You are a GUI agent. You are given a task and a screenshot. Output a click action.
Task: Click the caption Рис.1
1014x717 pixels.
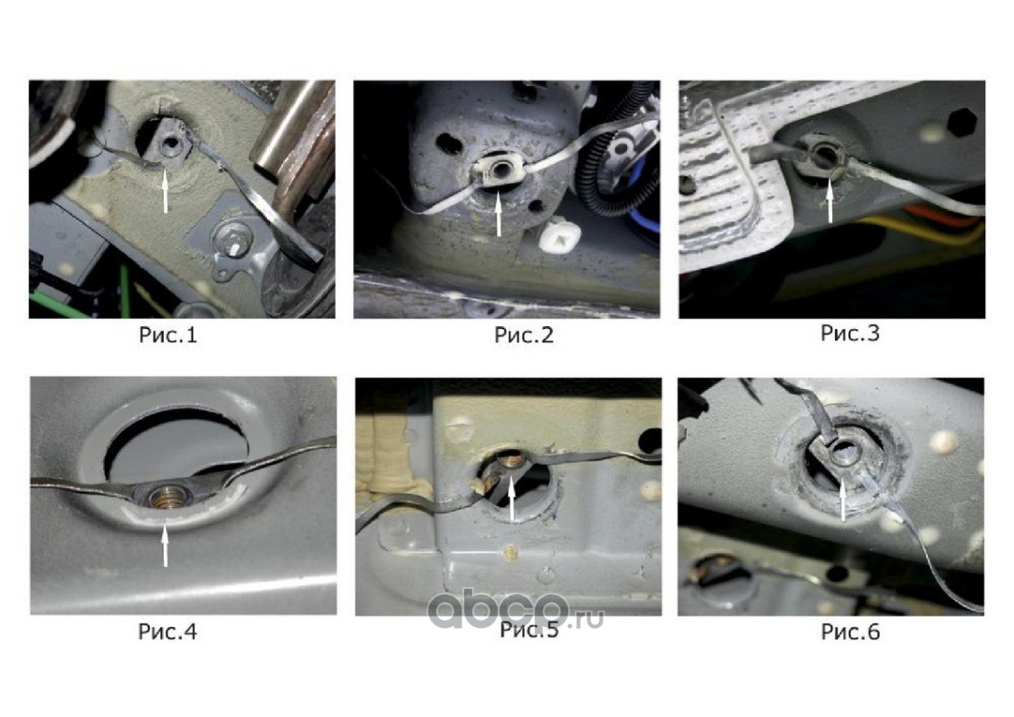[x=168, y=335]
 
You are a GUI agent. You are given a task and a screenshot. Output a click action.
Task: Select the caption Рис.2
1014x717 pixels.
[x=524, y=335]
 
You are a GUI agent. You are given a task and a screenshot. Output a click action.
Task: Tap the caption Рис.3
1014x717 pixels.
[x=850, y=333]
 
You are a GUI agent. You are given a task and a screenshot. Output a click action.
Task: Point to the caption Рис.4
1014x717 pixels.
[x=168, y=631]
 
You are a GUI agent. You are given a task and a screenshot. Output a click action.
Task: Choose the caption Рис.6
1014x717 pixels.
[x=850, y=632]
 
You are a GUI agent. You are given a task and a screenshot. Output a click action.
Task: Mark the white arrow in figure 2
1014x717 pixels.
[x=499, y=213]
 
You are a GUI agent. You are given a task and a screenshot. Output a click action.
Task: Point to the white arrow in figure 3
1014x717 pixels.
[x=830, y=200]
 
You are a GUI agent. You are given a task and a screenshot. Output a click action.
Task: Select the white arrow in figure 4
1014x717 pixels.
[x=166, y=545]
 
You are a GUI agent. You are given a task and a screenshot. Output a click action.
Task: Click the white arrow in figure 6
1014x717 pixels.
[x=843, y=502]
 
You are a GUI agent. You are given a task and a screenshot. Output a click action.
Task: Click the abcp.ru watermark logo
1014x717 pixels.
[x=515, y=609]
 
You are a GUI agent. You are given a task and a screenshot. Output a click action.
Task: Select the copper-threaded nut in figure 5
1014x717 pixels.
[x=511, y=462]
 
